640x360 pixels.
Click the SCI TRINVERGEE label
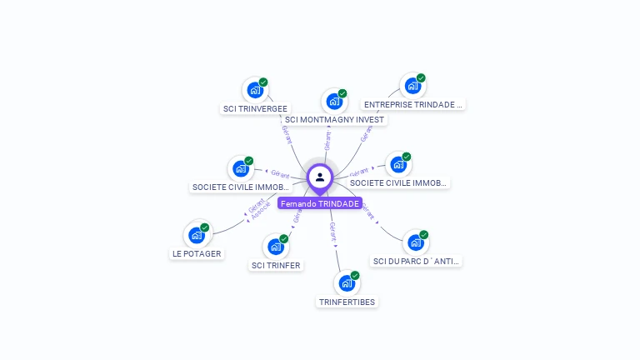tap(255, 108)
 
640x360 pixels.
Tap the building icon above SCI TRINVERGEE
tap(254, 89)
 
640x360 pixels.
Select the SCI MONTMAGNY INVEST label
tap(334, 119)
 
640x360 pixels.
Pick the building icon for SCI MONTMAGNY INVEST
tap(334, 101)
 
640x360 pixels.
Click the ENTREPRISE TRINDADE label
tap(412, 105)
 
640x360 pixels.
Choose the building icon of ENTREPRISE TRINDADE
tap(412, 85)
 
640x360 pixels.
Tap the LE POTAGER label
tap(197, 253)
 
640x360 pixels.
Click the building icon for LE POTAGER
tap(197, 235)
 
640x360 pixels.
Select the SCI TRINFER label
tap(276, 265)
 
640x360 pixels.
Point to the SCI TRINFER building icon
tap(275, 246)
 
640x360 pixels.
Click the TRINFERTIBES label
tap(347, 302)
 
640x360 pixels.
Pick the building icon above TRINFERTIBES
tap(347, 282)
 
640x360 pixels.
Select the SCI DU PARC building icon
tap(415, 242)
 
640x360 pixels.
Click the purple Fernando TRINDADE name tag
tap(320, 203)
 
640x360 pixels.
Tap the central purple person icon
tap(320, 177)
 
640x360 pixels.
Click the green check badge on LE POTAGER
tap(205, 227)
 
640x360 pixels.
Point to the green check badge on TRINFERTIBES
tap(355, 275)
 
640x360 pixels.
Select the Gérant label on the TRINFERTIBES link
tap(332, 231)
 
